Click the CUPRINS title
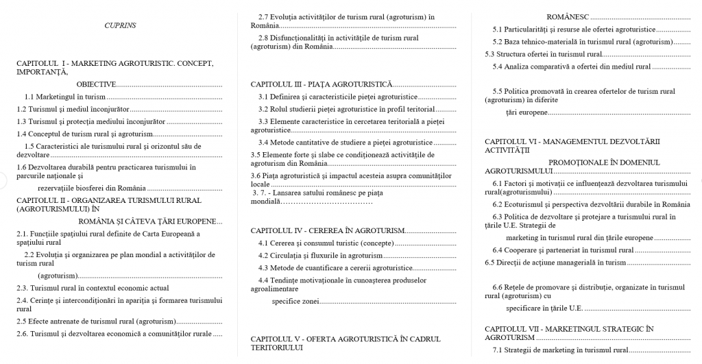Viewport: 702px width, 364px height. click(x=120, y=25)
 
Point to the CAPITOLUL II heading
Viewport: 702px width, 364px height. click(x=109, y=204)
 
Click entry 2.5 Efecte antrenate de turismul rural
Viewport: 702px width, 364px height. click(x=97, y=321)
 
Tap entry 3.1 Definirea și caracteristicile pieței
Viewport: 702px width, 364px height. click(x=338, y=97)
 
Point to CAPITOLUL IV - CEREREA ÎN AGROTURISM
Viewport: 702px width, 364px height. click(x=327, y=230)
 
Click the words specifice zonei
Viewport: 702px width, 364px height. click(x=295, y=301)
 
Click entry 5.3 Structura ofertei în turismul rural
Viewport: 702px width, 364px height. click(x=543, y=54)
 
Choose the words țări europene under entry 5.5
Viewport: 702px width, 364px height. click(x=526, y=112)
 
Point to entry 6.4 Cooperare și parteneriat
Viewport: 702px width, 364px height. click(x=553, y=250)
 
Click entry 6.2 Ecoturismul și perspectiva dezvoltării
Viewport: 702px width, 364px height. click(x=591, y=204)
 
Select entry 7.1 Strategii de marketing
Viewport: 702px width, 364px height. click(x=560, y=350)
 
